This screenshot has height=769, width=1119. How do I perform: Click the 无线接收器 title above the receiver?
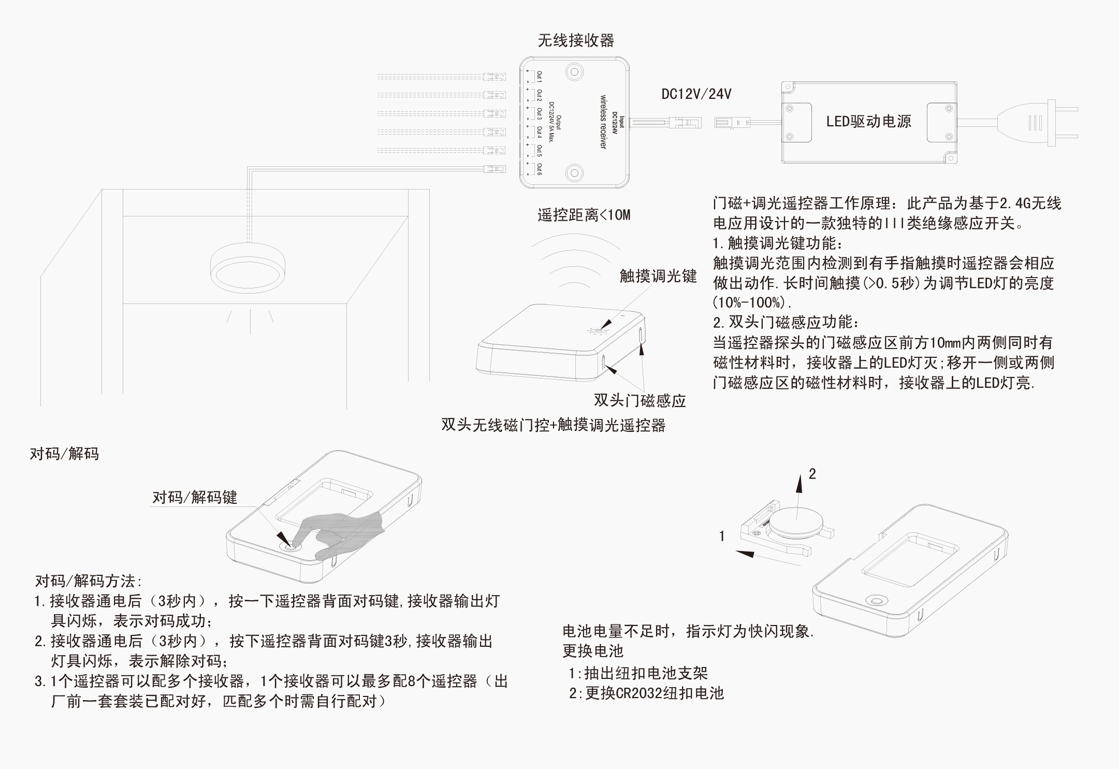point(575,40)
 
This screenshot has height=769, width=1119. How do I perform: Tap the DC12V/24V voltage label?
point(696,94)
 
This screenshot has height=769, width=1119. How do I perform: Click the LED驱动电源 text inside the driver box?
point(868,122)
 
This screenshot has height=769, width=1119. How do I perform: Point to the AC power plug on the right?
point(1041,123)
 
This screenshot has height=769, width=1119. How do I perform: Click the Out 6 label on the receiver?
point(539,169)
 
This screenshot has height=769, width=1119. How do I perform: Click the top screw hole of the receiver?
point(574,71)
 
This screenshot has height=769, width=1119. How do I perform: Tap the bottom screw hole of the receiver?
point(574,173)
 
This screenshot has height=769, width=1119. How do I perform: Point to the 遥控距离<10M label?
point(584,215)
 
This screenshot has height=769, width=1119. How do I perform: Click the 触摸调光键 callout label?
point(658,276)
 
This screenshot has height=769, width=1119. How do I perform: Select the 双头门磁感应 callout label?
point(640,400)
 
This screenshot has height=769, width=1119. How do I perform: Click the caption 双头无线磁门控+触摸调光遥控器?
point(553,425)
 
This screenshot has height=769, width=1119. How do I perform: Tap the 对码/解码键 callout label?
point(194,498)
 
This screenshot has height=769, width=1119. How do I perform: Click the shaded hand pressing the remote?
point(342,533)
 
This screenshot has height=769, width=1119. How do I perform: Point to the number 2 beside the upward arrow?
point(812,474)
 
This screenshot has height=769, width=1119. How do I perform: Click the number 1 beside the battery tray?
point(722,536)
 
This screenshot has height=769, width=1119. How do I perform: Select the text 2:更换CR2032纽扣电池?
point(646,693)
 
